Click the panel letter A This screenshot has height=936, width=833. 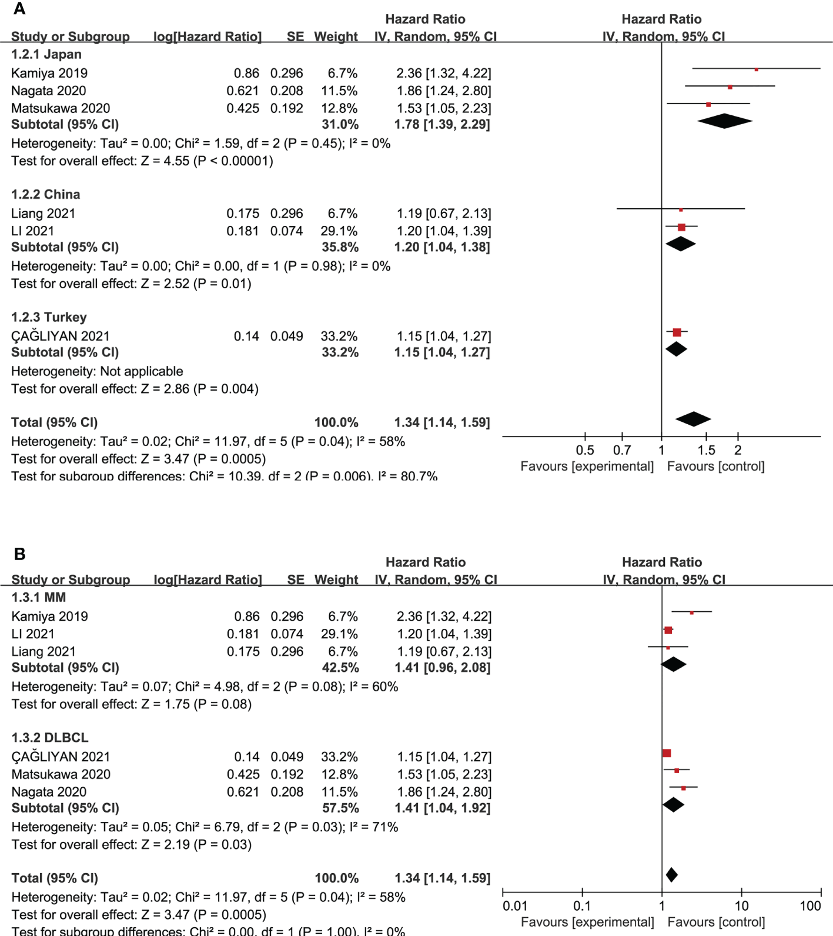coord(19,9)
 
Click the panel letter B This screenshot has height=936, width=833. coord(19,554)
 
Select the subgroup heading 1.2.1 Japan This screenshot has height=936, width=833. coord(46,54)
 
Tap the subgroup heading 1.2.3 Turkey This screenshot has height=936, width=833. coord(49,317)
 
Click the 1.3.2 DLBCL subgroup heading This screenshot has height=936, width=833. coord(50,737)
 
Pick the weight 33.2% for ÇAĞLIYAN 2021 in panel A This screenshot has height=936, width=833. coord(339,336)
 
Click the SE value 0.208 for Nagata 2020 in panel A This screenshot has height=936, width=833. coord(286,91)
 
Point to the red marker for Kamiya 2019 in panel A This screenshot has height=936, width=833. coord(756,69)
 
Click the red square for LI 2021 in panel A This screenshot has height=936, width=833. coord(681,227)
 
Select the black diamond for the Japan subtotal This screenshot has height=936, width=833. coord(725,121)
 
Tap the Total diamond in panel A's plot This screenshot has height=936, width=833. coord(694,419)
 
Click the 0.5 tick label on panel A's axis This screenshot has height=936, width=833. coord(585,450)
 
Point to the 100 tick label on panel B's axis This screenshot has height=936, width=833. coord(810,906)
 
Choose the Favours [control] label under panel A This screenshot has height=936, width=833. coord(715,467)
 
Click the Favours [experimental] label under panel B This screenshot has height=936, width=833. coord(587,922)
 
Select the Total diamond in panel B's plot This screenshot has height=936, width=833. coord(671,875)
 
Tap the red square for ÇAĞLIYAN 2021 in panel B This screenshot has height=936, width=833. coord(667,753)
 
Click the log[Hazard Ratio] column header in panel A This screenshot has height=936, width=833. coord(208,36)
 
